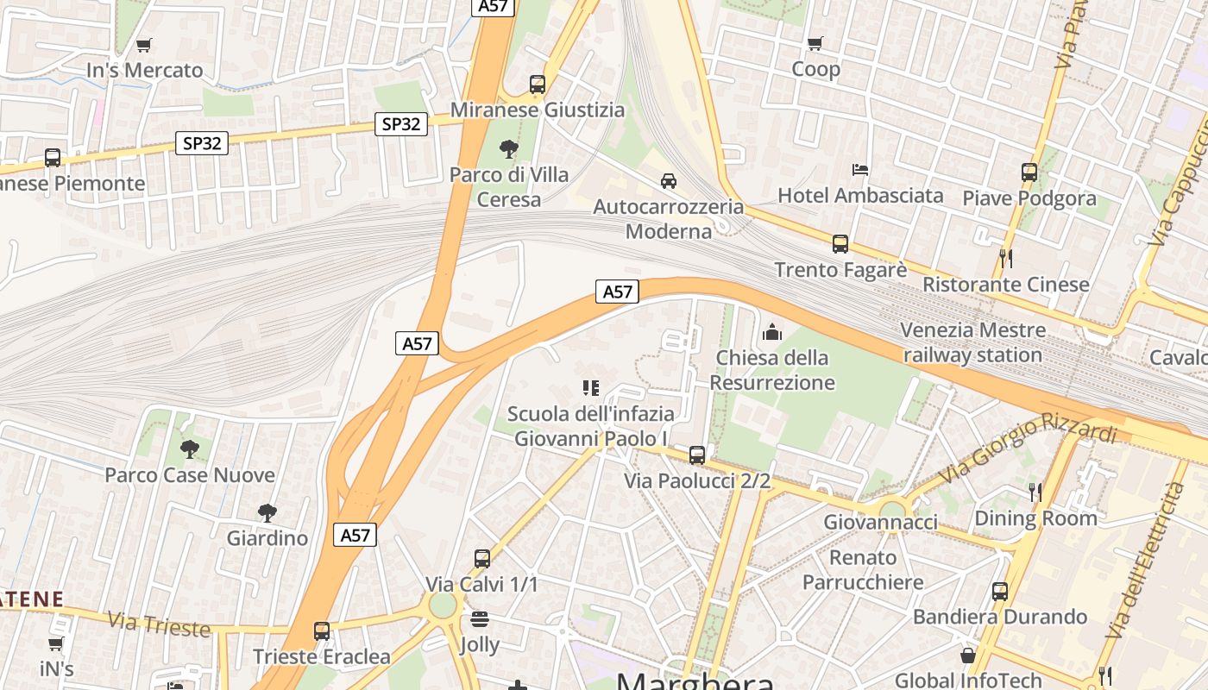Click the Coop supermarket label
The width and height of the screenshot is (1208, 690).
pos(815,69)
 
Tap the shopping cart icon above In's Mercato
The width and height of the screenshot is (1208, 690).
pos(144,45)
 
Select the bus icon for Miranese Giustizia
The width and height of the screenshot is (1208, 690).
pos(538,85)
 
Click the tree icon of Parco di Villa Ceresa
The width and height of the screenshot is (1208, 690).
pos(509,149)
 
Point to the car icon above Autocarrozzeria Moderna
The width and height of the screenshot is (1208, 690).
pos(668,181)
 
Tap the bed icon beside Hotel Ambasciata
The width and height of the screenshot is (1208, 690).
pos(859,169)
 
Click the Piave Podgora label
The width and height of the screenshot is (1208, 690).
pos(1029,198)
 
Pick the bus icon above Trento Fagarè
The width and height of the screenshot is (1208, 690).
pos(840,244)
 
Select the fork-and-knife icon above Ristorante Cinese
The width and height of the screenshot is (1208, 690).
pos(1005,257)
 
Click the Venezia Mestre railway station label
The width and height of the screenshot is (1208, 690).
pos(972,342)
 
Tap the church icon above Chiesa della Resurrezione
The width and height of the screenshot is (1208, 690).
pos(772,331)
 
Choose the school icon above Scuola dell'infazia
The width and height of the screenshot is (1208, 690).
pos(590,388)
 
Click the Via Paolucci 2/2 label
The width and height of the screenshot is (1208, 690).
pos(697,481)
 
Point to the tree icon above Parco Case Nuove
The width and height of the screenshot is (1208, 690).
pos(190,448)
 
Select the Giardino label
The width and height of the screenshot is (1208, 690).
pos(267,538)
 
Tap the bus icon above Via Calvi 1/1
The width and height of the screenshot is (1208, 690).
pos(481,559)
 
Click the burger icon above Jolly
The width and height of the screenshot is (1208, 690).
pos(480,618)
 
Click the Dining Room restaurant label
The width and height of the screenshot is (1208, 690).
pos(1035,518)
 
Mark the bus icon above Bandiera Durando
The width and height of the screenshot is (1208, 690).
pos(1000,592)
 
